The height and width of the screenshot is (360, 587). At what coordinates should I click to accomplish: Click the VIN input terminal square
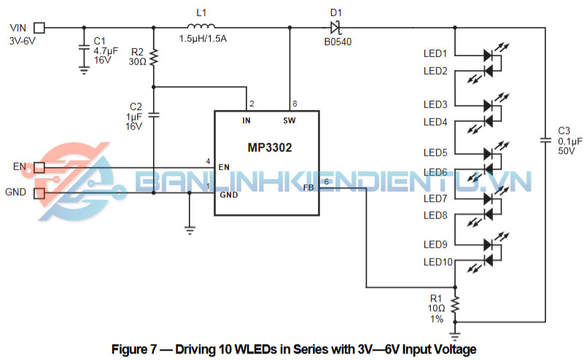pyautogui.click(x=39, y=28)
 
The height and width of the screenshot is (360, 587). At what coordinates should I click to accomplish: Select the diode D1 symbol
pyautogui.click(x=335, y=28)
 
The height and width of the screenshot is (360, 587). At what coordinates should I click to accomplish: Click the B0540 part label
pyautogui.click(x=337, y=42)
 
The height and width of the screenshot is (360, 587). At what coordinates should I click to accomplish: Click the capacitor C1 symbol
pyautogui.click(x=83, y=48)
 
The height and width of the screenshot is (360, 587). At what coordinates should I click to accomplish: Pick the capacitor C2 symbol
pyautogui.click(x=153, y=114)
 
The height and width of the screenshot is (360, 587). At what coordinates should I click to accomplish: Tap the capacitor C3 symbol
pyautogui.click(x=545, y=138)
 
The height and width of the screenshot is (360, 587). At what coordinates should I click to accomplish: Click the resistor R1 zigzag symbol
pyautogui.click(x=455, y=305)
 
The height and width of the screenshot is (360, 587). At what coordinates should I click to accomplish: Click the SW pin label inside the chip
pyautogui.click(x=289, y=120)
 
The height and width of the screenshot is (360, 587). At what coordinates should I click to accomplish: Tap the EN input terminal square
pyautogui.click(x=39, y=168)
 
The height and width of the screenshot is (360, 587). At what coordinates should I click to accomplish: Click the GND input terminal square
pyautogui.click(x=39, y=193)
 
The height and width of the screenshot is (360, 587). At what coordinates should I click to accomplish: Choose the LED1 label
pyautogui.click(x=435, y=54)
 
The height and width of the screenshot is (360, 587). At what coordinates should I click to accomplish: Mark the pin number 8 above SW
pyautogui.click(x=294, y=103)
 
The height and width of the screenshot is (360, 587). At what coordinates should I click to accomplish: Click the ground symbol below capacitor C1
pyautogui.click(x=83, y=70)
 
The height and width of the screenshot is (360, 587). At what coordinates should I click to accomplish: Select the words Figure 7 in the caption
pyautogui.click(x=134, y=348)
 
